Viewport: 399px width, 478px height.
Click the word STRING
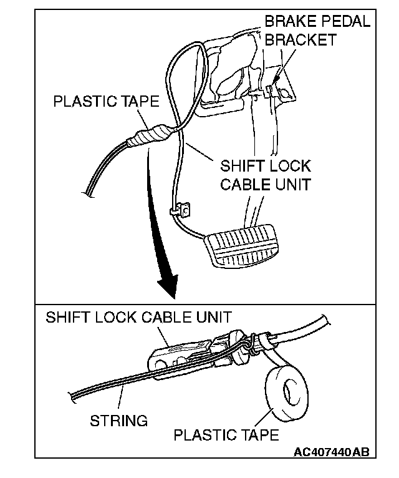[x=118, y=420]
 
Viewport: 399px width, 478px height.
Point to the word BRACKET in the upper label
[x=300, y=39]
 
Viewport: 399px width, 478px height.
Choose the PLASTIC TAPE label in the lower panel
[x=226, y=434]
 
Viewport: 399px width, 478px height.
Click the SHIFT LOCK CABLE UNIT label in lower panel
[x=138, y=317]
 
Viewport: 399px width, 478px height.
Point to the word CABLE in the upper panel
[x=244, y=185]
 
